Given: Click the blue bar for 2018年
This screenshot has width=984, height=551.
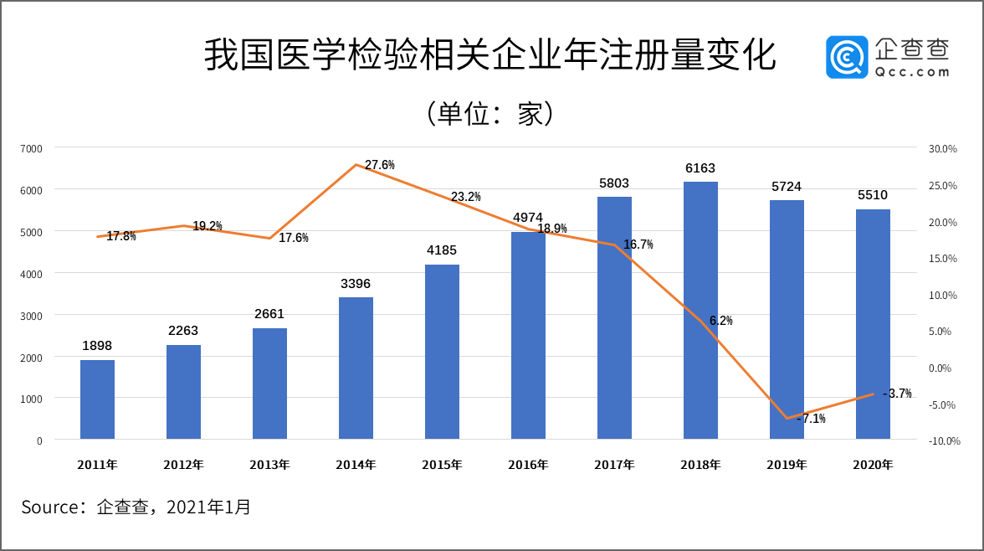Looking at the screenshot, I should point(700,310).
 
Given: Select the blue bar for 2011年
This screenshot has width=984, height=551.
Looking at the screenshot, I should point(97,399).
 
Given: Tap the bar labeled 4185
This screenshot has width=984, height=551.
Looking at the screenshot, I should point(442,352).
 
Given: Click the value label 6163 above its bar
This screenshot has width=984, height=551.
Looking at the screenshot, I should point(700,168).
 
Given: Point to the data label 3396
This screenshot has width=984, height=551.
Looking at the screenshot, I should point(356,284).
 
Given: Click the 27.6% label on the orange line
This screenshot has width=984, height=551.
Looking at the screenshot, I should point(379,165).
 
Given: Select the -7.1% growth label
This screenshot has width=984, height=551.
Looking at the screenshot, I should point(811,419).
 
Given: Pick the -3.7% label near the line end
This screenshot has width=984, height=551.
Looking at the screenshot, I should point(897,394).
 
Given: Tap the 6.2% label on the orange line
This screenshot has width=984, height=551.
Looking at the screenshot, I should point(720,321).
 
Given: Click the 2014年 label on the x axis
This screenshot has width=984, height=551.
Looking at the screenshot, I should point(356,465).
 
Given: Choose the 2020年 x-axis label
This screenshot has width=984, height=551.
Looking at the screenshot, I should point(873,465).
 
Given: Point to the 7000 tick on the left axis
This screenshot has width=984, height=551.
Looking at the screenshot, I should point(32,148).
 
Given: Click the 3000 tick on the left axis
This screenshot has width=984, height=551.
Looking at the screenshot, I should point(32,316).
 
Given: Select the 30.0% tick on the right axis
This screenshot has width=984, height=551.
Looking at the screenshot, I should point(943,148).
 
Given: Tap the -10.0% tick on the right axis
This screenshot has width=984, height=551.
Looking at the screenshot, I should point(943,441).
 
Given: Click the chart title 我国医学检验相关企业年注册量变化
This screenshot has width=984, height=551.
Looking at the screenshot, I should point(490,56).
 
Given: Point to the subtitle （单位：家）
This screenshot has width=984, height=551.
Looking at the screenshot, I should point(490,114).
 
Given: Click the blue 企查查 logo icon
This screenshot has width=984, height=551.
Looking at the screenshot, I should point(846,57).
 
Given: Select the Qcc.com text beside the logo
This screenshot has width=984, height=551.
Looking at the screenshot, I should point(912,72).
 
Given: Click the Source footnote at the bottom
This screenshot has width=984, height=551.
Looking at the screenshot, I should point(136,507).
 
